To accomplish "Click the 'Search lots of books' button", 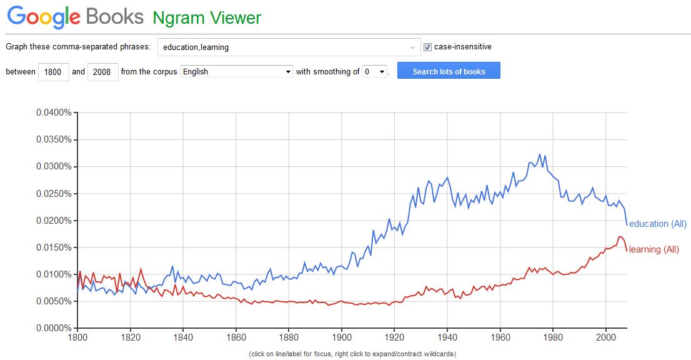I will pyautogui.click(x=449, y=71).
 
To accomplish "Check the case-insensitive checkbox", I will pyautogui.click(x=428, y=47).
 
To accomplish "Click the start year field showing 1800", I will pyautogui.click(x=53, y=72).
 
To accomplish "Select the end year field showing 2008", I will pyautogui.click(x=102, y=72).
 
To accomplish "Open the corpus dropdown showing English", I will pyautogui.click(x=236, y=72).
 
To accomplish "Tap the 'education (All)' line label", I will pyautogui.click(x=657, y=224).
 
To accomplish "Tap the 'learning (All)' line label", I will pyautogui.click(x=654, y=249).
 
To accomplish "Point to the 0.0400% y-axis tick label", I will pyautogui.click(x=54, y=113).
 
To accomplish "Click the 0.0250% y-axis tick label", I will pyautogui.click(x=54, y=194).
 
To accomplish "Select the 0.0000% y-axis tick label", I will pyautogui.click(x=54, y=328).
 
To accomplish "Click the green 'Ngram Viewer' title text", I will pyautogui.click(x=207, y=18).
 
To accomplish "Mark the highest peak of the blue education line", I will pyautogui.click(x=540, y=154).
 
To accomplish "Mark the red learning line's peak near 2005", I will pyautogui.click(x=619, y=237).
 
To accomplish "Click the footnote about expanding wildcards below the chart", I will pyautogui.click(x=352, y=354).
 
